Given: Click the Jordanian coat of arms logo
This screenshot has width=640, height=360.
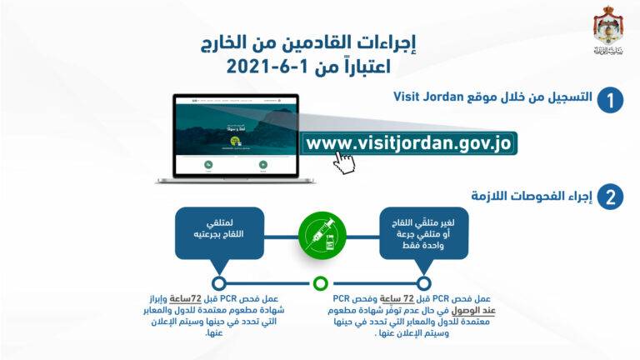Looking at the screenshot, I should coord(606,29).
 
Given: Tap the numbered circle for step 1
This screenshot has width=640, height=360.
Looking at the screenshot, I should coord(611,102).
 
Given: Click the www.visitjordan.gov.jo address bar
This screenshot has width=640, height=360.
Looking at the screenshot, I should coord(408,142).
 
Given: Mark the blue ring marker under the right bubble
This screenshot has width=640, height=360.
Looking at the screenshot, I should coord(424,282).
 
